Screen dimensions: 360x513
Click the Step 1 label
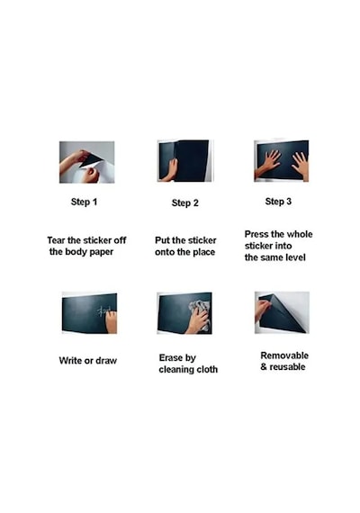(84, 202)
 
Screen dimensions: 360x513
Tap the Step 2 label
(184, 202)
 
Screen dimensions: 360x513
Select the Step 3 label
(278, 202)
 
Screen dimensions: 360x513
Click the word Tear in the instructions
(56, 240)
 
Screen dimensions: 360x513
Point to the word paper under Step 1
(100, 252)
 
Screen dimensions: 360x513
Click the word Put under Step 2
(162, 240)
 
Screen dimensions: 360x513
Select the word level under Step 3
(295, 257)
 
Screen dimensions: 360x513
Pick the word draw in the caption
(106, 361)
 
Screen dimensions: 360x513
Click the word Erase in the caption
(170, 357)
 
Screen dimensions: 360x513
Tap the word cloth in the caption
(207, 369)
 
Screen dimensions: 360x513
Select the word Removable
(284, 355)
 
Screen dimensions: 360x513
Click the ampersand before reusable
(264, 367)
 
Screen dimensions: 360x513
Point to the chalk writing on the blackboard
(104, 310)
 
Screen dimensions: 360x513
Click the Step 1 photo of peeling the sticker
(86, 162)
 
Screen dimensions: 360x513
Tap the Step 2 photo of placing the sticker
(184, 160)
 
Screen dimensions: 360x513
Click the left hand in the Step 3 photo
(269, 163)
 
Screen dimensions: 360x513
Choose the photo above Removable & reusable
(282, 313)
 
